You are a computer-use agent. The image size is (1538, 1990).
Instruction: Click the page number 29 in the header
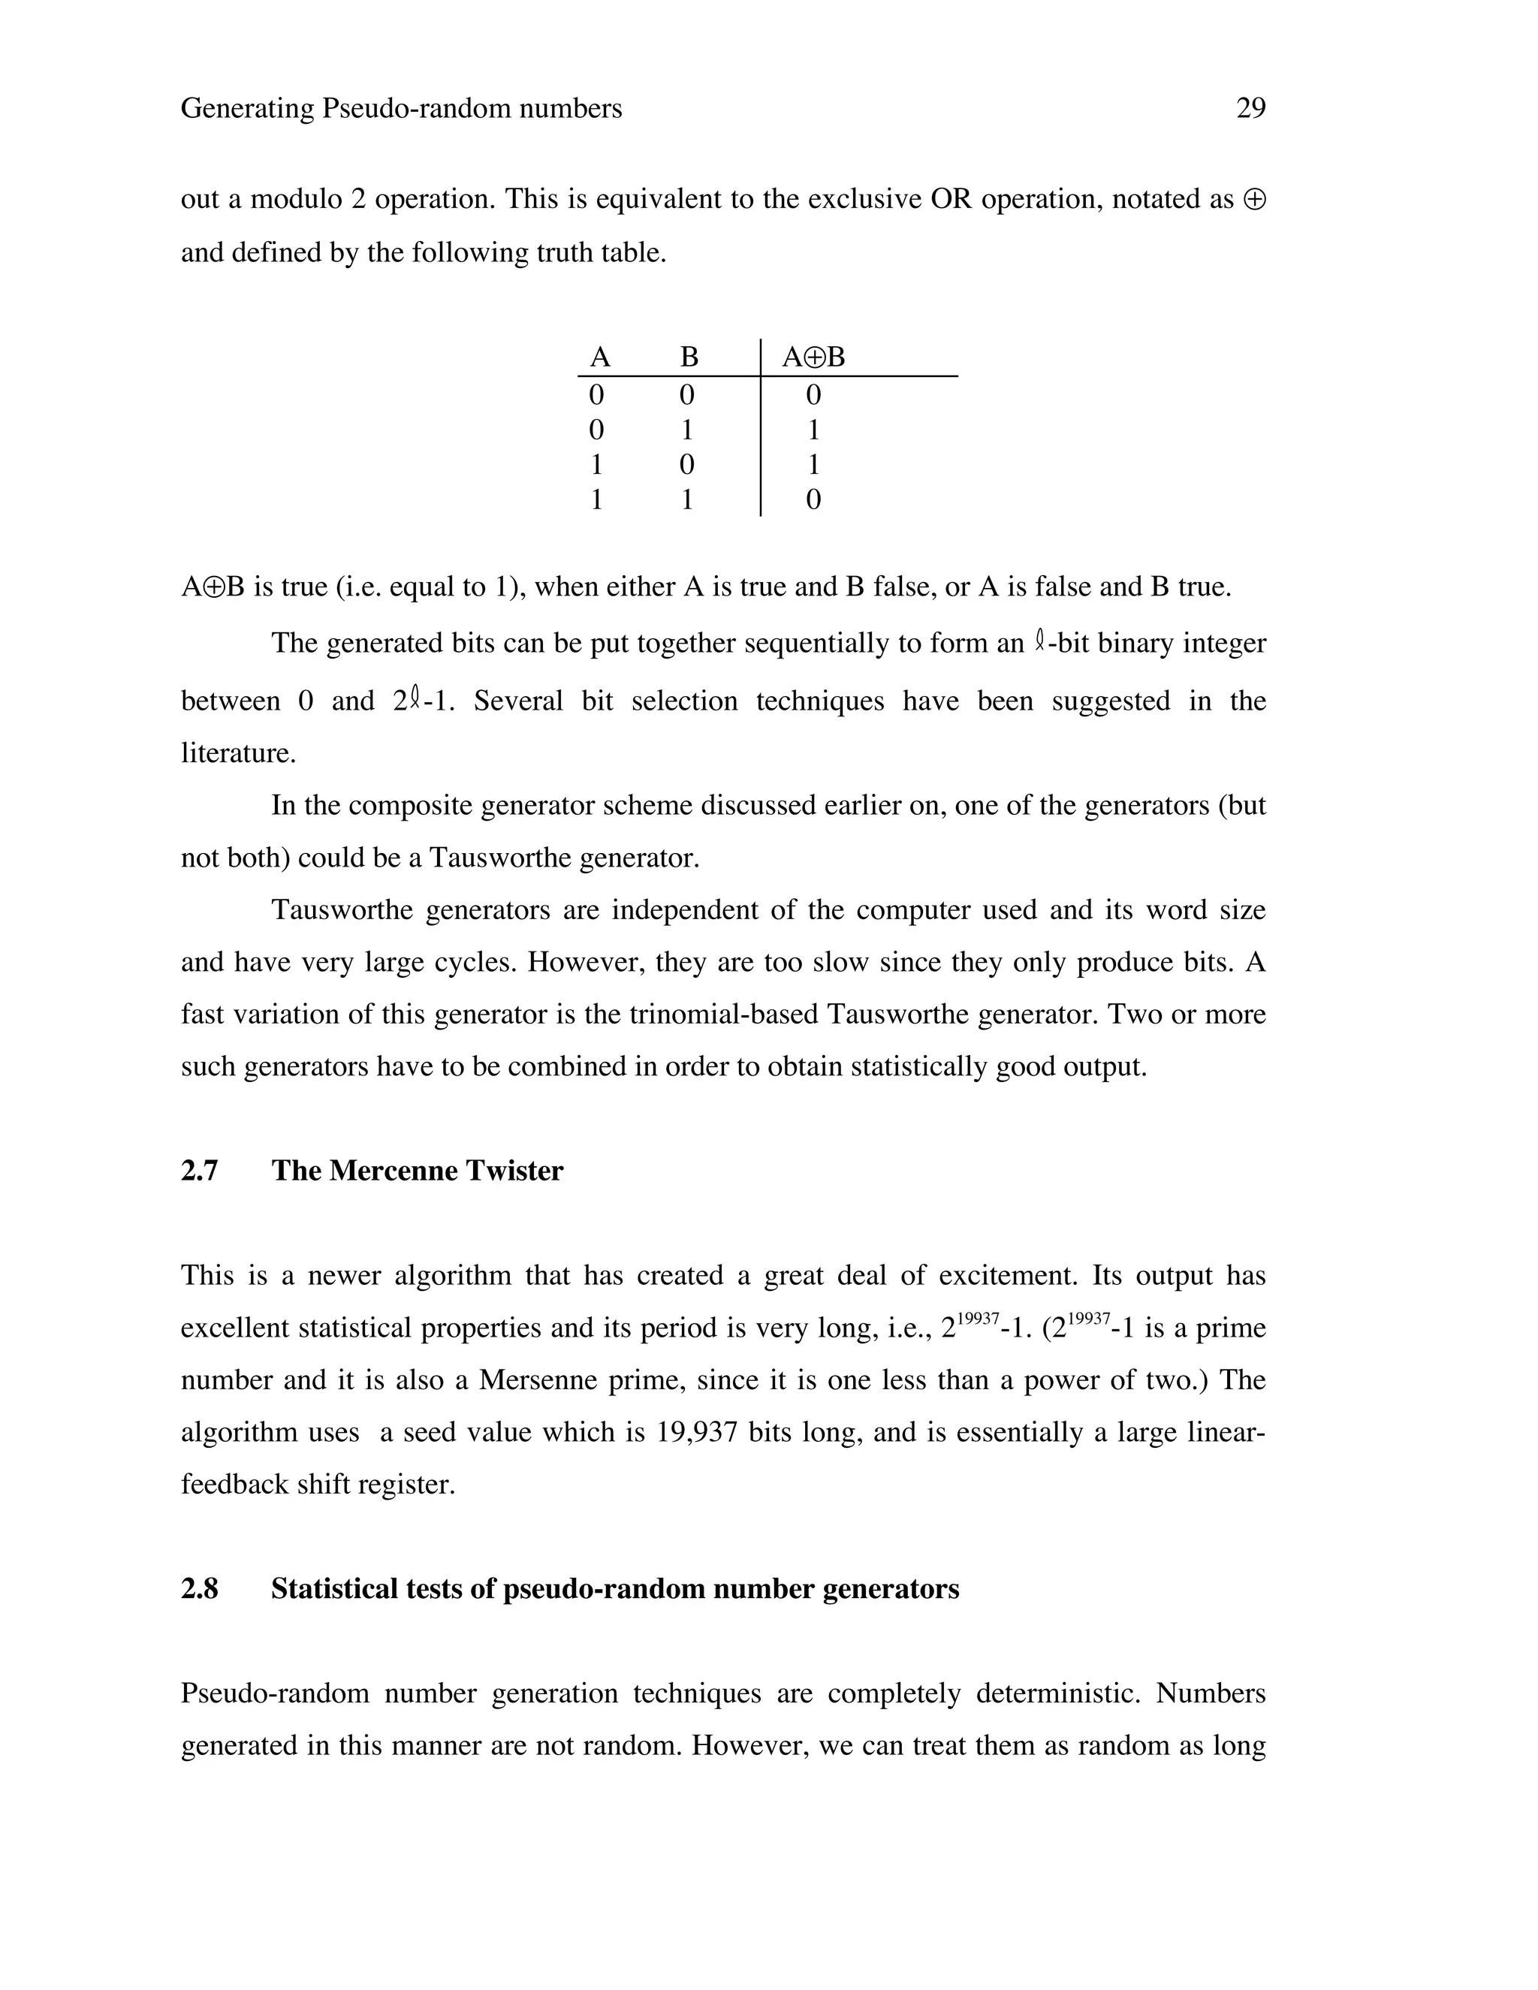(x=1250, y=108)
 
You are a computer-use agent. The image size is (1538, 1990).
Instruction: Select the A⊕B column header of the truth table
(x=813, y=357)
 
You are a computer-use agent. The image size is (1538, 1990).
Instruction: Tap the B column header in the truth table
(x=689, y=357)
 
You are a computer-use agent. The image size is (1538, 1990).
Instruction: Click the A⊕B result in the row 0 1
(x=813, y=430)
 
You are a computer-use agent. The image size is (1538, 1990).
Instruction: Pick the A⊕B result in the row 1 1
(x=813, y=499)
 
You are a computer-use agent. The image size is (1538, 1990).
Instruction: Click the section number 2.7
(x=200, y=1171)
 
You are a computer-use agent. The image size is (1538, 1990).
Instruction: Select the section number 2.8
(x=200, y=1589)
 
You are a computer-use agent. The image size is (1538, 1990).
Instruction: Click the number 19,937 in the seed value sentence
(x=696, y=1432)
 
